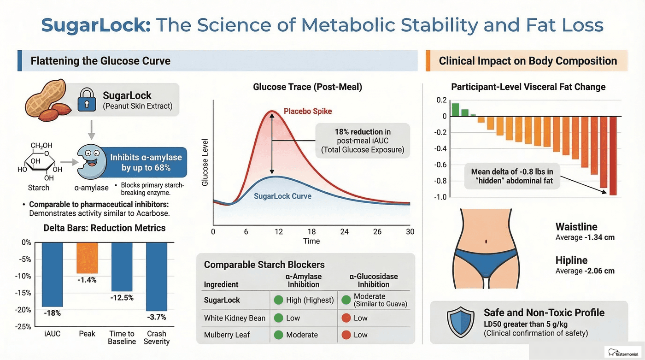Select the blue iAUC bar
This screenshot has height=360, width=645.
52,274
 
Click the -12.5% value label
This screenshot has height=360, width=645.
122,298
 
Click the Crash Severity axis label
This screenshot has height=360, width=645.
157,337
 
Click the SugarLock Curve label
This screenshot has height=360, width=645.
282,196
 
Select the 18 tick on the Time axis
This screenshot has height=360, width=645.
311,232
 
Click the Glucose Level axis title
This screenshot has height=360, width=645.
205,162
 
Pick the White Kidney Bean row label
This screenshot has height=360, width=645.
235,318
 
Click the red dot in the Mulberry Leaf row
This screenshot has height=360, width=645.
345,335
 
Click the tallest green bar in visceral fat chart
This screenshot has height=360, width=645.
455,110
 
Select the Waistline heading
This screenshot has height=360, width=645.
576,227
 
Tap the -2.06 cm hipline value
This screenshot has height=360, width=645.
600,271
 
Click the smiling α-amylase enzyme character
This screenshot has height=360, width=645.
90,161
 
